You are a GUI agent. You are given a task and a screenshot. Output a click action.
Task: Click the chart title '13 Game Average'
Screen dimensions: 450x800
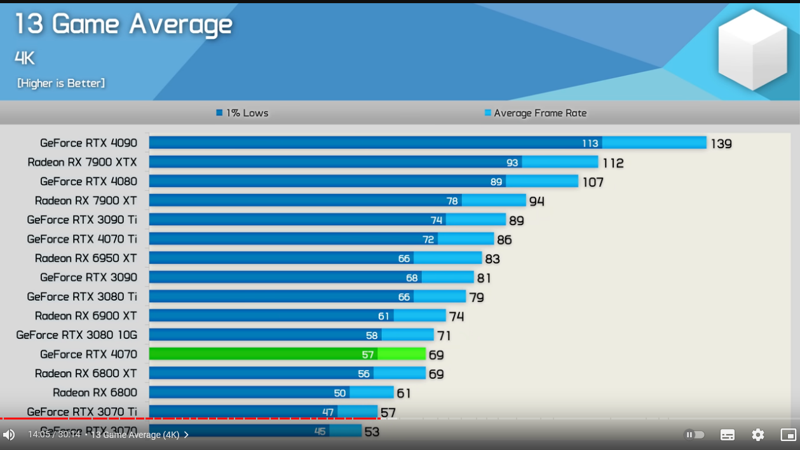click(x=123, y=25)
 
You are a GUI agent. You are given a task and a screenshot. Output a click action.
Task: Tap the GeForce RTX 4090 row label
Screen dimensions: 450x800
click(x=88, y=143)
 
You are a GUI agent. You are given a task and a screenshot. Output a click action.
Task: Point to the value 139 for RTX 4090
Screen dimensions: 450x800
click(x=721, y=144)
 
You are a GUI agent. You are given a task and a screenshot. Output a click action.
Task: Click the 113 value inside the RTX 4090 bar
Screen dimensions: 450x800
click(x=590, y=143)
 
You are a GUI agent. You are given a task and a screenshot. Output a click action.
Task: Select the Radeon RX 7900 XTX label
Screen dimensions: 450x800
click(x=82, y=162)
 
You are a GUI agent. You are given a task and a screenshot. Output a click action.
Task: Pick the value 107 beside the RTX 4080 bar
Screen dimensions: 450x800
click(x=593, y=182)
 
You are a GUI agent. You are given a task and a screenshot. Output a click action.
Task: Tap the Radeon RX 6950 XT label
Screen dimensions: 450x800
click(x=86, y=258)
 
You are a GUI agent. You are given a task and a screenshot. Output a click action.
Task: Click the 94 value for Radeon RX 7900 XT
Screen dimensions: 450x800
click(x=537, y=201)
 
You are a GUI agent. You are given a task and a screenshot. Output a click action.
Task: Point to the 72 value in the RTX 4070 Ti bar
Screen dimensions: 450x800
click(x=428, y=240)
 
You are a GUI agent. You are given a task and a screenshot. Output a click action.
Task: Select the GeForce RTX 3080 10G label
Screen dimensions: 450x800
click(x=76, y=335)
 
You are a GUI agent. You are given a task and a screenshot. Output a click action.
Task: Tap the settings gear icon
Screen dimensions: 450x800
click(x=758, y=435)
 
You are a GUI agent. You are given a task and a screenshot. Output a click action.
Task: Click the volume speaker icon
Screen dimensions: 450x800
click(x=9, y=435)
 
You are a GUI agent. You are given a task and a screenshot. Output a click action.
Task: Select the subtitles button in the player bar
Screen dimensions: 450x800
click(x=728, y=435)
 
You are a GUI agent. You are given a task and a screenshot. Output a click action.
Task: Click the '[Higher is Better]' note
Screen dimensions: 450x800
click(x=61, y=83)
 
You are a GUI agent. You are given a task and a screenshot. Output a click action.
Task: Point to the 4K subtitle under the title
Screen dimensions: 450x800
click(x=25, y=58)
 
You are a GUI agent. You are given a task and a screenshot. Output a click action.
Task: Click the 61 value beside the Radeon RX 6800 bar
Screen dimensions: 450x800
click(x=403, y=393)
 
